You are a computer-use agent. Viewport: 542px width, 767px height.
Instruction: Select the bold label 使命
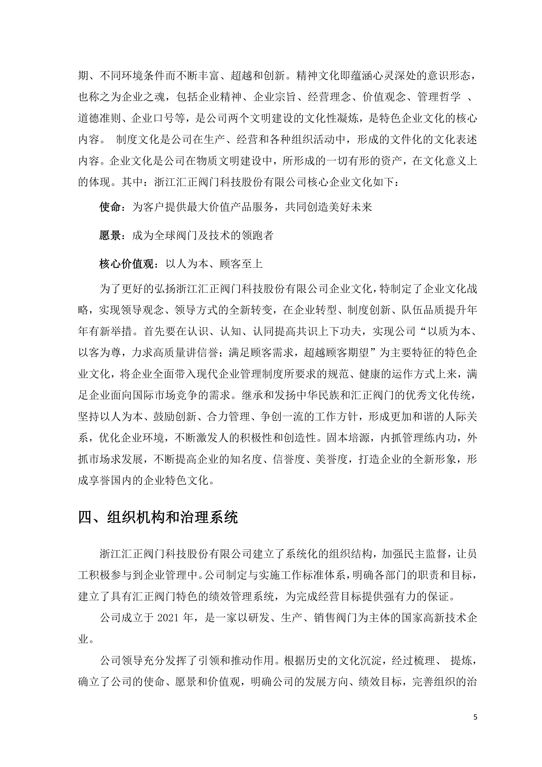(110, 207)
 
